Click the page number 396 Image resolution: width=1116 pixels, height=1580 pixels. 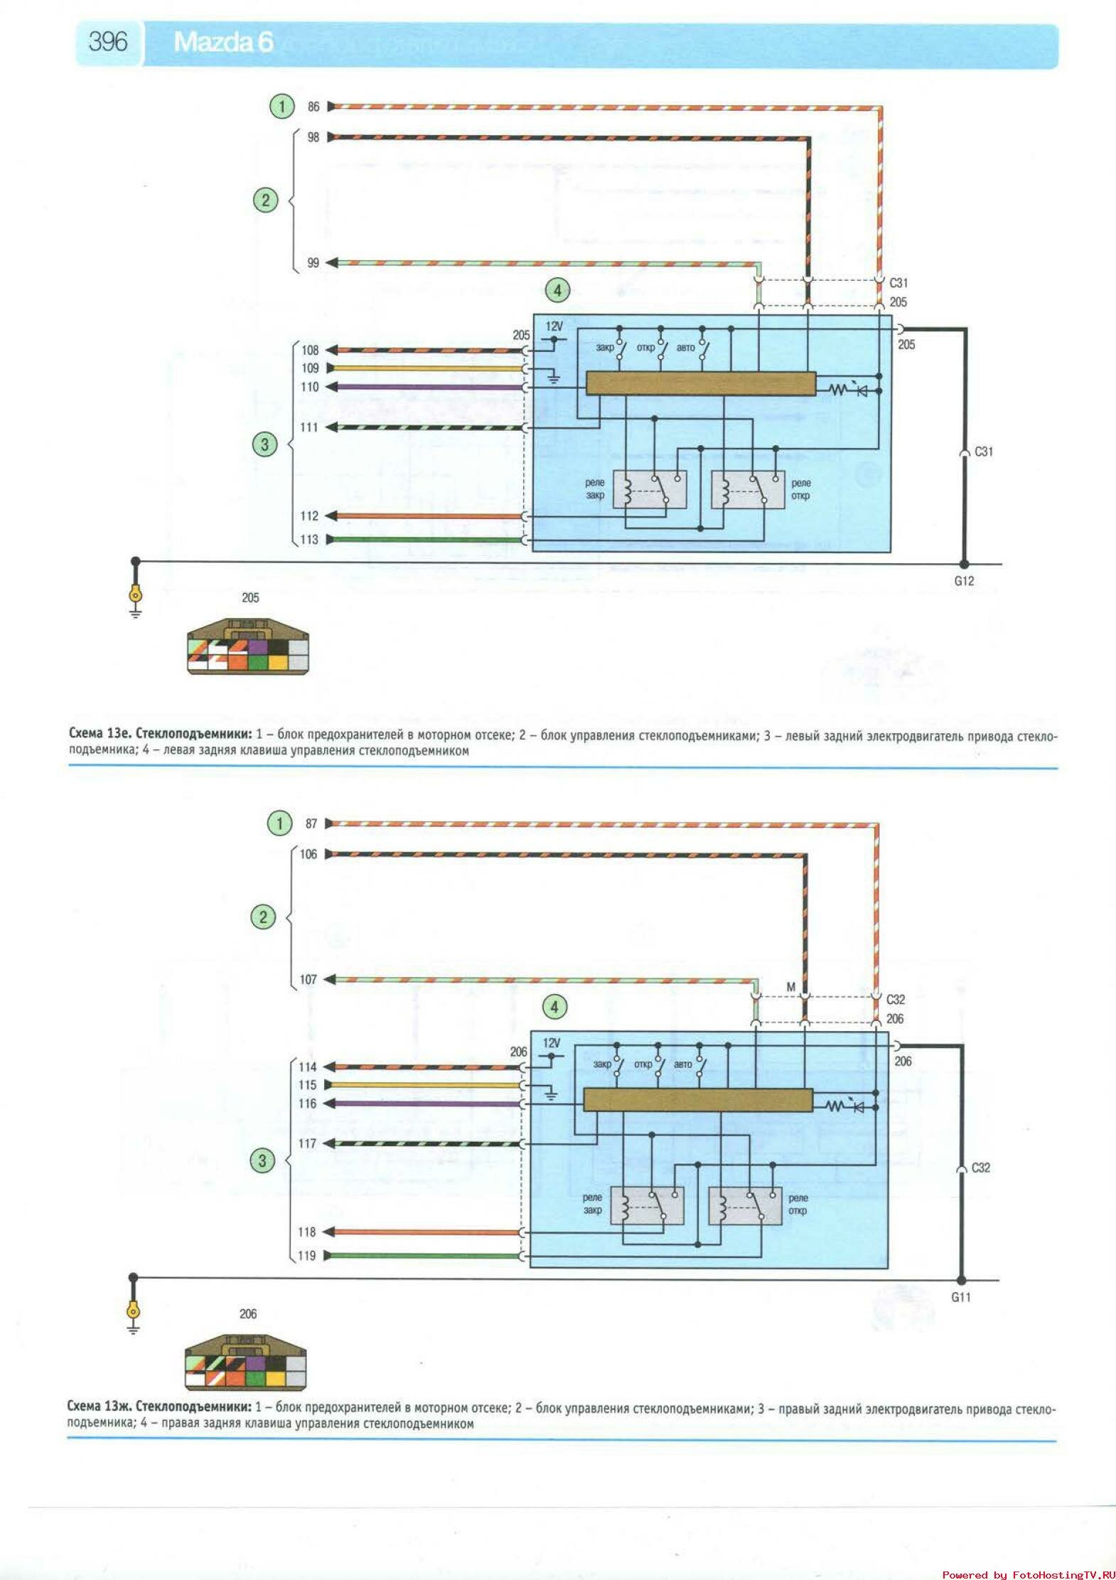(108, 42)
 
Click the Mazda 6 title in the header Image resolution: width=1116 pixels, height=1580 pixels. (222, 43)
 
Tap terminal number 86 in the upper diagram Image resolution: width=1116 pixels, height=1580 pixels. (313, 107)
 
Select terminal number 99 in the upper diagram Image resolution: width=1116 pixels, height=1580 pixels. (313, 263)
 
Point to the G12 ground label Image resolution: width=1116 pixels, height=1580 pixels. (963, 581)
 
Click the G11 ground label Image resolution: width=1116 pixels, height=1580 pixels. (960, 1297)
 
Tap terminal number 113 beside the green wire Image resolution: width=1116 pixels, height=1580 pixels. (309, 540)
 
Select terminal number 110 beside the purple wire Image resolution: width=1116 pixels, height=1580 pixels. (310, 388)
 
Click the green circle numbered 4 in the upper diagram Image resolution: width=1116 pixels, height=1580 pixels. (557, 290)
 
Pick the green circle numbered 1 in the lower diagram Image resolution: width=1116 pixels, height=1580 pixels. (279, 823)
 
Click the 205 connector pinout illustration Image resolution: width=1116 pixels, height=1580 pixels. (248, 646)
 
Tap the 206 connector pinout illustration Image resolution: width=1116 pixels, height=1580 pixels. (246, 1362)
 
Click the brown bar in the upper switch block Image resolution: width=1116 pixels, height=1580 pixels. (700, 384)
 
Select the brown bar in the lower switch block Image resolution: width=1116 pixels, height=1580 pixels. (697, 1100)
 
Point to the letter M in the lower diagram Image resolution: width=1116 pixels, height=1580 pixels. (790, 988)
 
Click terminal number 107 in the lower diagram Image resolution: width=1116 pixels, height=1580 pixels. (308, 980)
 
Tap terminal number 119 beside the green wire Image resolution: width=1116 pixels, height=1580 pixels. (307, 1256)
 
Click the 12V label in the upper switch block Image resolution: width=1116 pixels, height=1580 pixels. (554, 326)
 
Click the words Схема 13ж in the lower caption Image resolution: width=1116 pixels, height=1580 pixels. (99, 1406)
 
